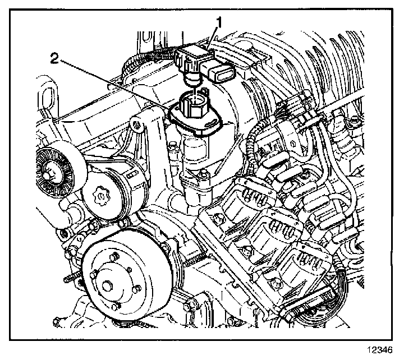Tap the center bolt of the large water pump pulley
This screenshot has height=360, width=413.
point(107,287)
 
